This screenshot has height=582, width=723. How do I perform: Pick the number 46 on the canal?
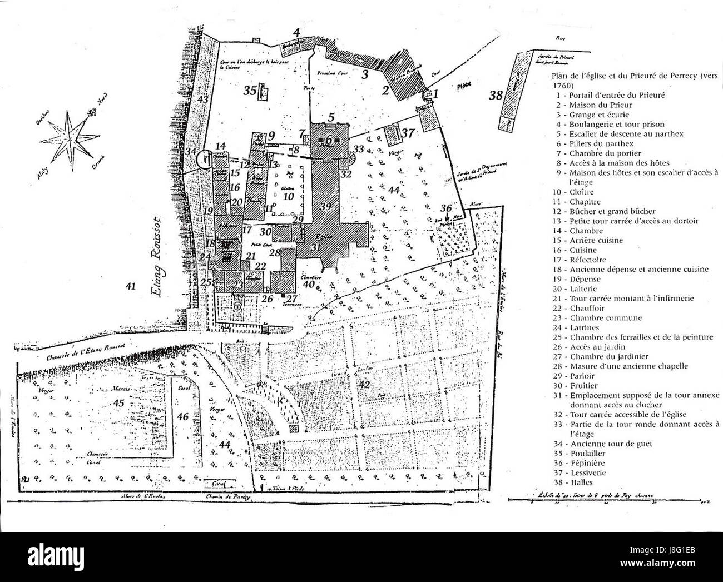182,416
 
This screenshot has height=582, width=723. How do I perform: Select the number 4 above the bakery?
297,32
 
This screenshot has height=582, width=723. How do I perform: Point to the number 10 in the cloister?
288,196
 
